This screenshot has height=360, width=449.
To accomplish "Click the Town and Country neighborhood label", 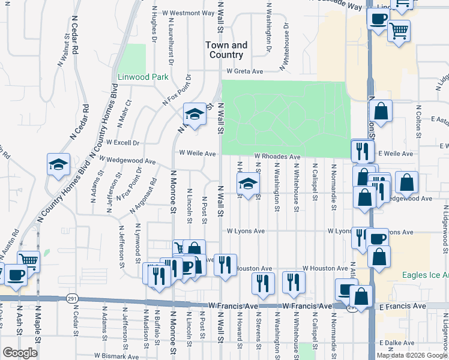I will point(226,50).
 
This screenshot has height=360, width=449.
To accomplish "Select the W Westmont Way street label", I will point(188,13).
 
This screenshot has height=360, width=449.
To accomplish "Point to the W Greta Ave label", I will point(245,71).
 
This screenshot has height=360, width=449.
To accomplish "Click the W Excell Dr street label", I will point(122,143).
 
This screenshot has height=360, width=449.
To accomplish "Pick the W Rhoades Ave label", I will point(277,157).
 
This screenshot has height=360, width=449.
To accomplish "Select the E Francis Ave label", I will point(402,306).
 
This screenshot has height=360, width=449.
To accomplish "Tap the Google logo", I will point(20,353).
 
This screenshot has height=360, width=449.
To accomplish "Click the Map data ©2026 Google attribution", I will point(411,355).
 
